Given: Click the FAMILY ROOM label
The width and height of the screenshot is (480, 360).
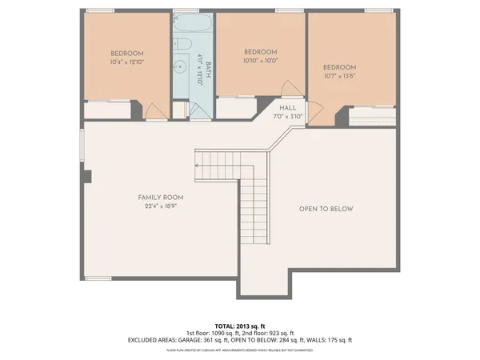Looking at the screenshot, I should tap(162, 198).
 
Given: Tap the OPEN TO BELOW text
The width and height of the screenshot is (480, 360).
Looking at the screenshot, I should tap(326, 209).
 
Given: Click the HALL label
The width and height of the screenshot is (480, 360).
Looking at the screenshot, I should tap(287, 106).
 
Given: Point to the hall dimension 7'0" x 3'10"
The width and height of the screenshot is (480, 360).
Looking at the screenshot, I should tap(287, 116).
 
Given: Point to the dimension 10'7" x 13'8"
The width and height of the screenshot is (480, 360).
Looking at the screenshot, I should tap(339, 77).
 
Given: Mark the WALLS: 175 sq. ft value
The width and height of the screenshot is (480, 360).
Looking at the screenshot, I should tap(332, 339).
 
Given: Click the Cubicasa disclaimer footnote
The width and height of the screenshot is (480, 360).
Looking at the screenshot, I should tap(240, 350).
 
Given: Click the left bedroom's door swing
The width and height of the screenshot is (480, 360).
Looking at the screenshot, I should tap(156, 113).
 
